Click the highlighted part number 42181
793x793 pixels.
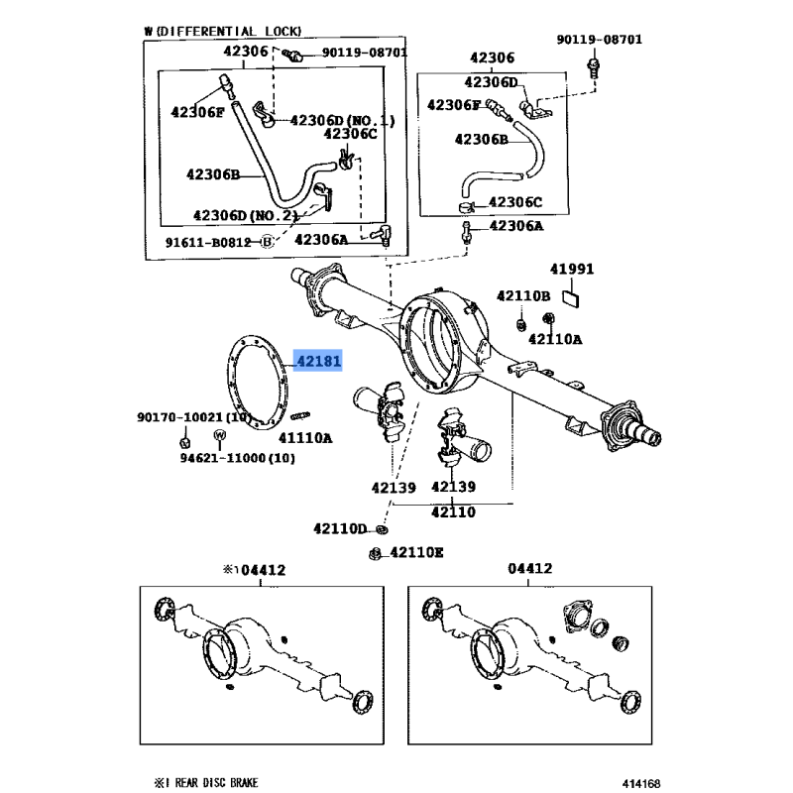coord(317,363)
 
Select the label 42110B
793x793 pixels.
coord(522,295)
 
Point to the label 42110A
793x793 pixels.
coord(555,339)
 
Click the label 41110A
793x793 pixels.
coord(304,436)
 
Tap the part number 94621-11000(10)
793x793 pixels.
coord(223,458)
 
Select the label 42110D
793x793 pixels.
coord(340,529)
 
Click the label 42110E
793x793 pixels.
coord(416,552)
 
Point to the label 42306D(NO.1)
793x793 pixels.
coord(342,121)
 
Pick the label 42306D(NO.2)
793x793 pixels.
coord(245,214)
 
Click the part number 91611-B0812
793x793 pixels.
coord(209,241)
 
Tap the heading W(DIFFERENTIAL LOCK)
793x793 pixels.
coord(222,32)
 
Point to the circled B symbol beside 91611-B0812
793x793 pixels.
coord(266,241)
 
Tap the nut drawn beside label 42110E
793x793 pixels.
coord(376,553)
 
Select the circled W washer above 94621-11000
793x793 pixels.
coord(220,438)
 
